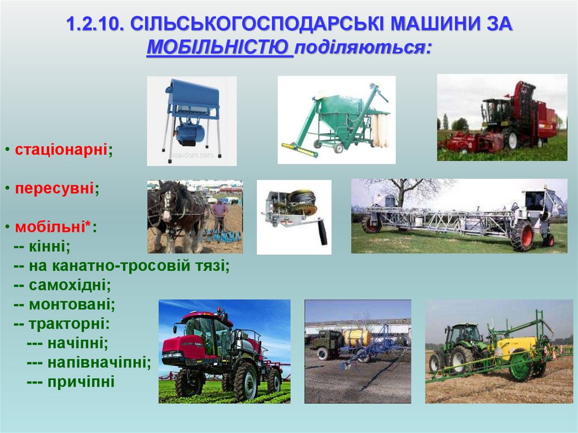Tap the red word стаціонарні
point(62,150)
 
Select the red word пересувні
point(54,189)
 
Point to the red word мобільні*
point(54,228)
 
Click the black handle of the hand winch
point(322,231)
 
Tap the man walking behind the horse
point(219,215)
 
